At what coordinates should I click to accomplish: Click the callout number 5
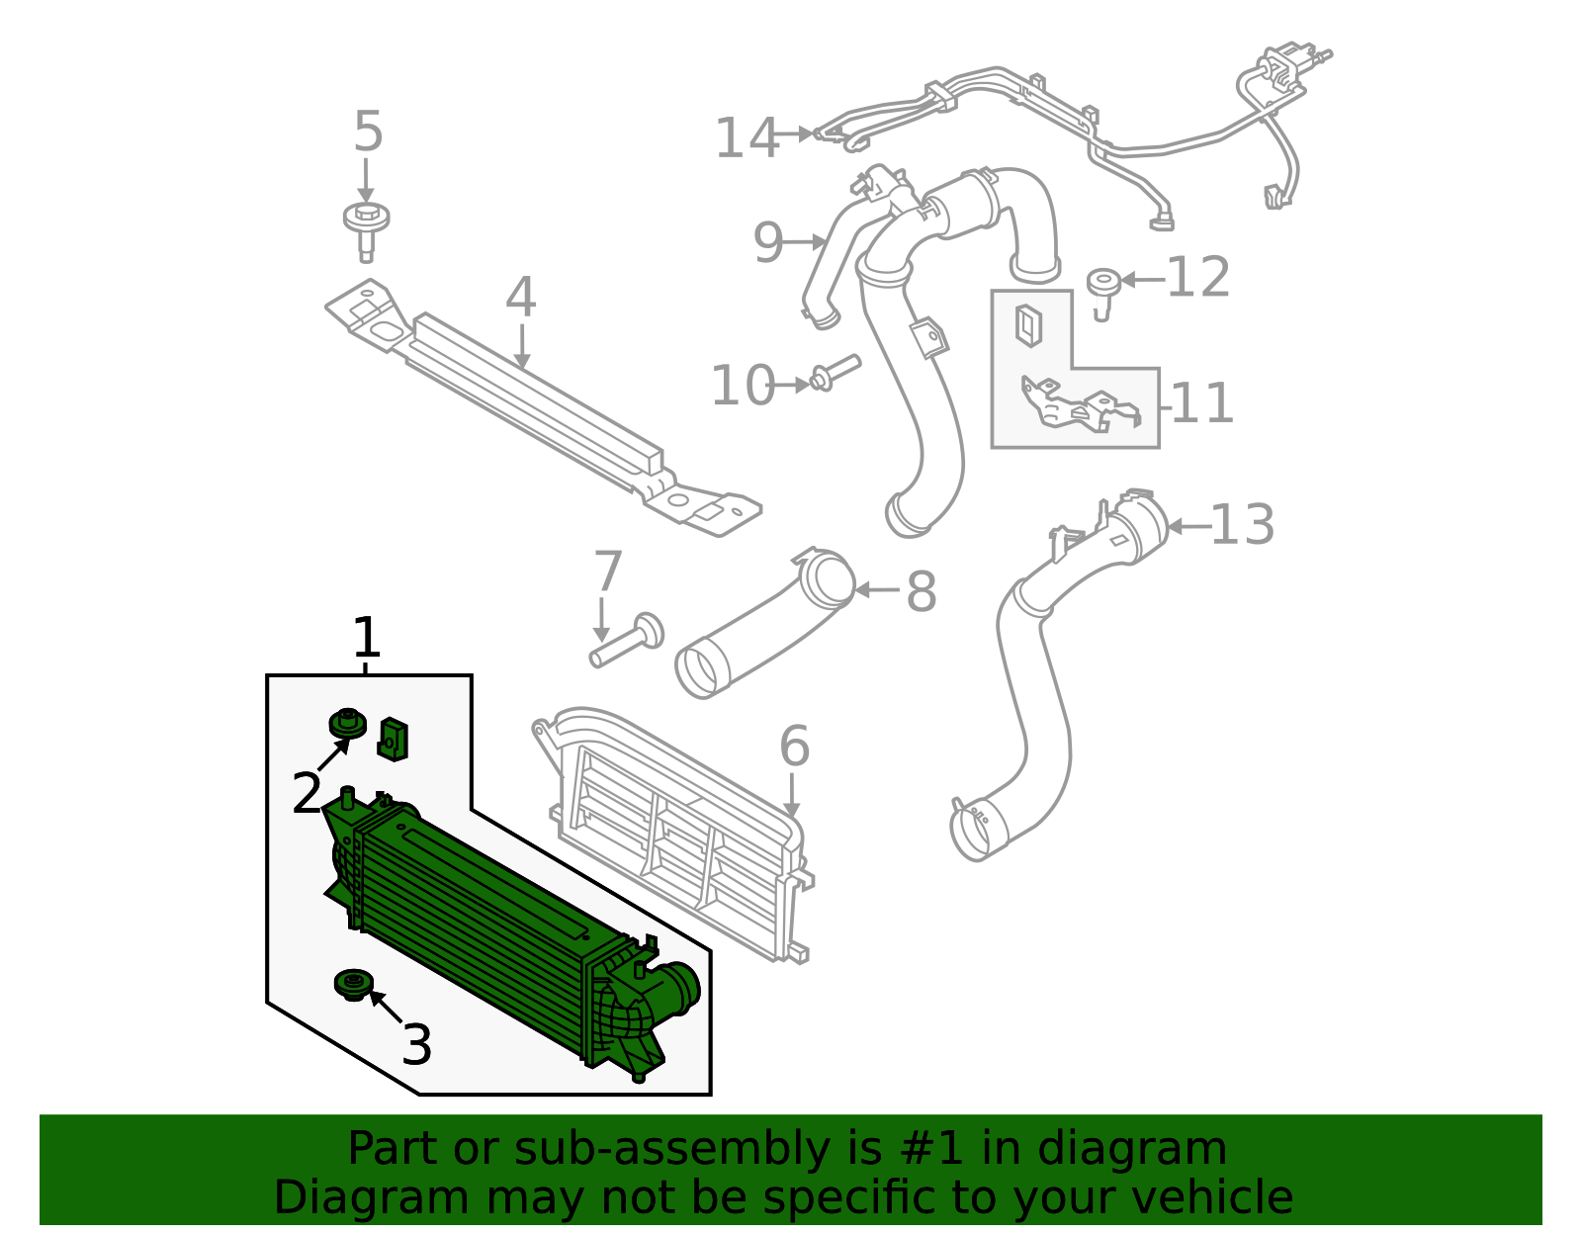(x=368, y=132)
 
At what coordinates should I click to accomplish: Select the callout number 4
(x=520, y=298)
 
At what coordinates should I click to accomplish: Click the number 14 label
(x=747, y=138)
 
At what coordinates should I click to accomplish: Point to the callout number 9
(x=767, y=243)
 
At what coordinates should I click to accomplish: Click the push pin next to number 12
(x=1102, y=289)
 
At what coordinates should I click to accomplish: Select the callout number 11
(x=1202, y=404)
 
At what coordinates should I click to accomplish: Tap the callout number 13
(x=1242, y=525)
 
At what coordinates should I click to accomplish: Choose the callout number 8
(x=921, y=593)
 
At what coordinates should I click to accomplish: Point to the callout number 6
(x=794, y=747)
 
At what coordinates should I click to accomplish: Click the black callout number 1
(x=367, y=639)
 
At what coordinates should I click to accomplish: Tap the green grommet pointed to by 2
(x=347, y=724)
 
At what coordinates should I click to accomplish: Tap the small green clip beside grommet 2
(x=394, y=739)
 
